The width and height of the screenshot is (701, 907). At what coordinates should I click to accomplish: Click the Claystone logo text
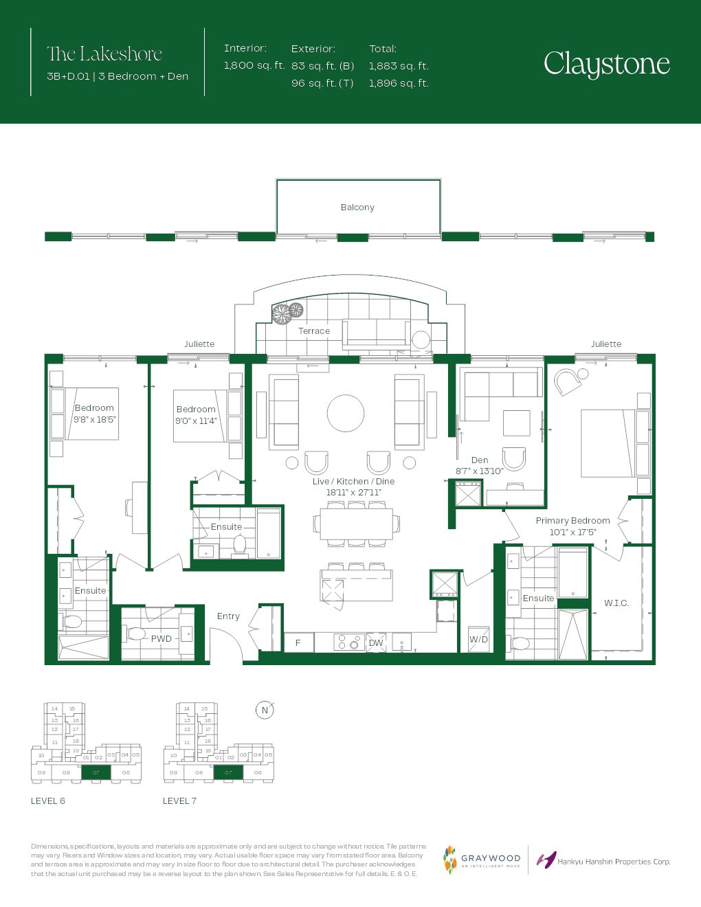click(606, 64)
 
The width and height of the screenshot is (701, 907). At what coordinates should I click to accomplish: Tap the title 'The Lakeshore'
click(104, 54)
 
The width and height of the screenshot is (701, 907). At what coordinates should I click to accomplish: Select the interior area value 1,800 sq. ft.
click(254, 66)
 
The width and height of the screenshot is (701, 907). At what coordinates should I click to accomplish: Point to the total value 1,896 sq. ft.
click(398, 83)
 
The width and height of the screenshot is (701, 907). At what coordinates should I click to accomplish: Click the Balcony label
click(357, 208)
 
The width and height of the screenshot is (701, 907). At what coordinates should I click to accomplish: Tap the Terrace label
click(314, 331)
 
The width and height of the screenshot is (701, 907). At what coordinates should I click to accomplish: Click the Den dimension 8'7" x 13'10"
click(480, 471)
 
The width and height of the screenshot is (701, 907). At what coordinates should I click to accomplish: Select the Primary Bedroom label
click(572, 521)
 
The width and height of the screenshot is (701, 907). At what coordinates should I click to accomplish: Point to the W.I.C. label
click(616, 603)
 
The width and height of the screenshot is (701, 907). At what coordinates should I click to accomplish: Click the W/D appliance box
click(479, 640)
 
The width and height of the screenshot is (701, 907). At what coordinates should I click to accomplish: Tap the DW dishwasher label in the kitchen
click(376, 643)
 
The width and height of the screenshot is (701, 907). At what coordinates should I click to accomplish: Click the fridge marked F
click(298, 643)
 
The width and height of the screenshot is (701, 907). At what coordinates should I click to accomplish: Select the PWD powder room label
click(162, 639)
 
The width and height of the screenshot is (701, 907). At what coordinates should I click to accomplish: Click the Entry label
click(228, 616)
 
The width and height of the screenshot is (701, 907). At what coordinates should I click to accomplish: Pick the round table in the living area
click(346, 413)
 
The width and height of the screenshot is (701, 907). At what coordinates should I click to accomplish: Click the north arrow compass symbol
click(265, 710)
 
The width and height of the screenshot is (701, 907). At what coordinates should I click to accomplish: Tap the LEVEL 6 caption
click(48, 801)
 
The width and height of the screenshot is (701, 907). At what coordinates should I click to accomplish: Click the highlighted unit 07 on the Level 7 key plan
click(228, 772)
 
